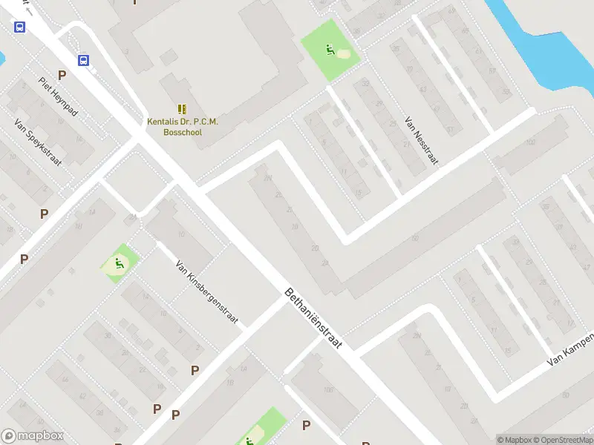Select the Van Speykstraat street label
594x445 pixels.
[x=38, y=142]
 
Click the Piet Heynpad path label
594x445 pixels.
[x=58, y=96]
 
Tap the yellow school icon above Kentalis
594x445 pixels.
[x=182, y=109]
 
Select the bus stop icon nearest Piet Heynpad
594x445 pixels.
[x=84, y=61]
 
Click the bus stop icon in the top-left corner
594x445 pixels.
[x=19, y=27]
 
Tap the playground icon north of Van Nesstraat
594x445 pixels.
[x=329, y=50]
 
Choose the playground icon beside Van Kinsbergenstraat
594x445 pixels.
[x=118, y=263]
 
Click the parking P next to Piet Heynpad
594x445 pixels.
[x=62, y=75]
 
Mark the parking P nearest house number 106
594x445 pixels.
[x=306, y=425]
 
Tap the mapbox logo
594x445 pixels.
[x=32, y=436]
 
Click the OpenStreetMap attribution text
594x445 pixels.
[x=563, y=440]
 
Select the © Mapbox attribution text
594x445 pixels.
[x=515, y=440]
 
